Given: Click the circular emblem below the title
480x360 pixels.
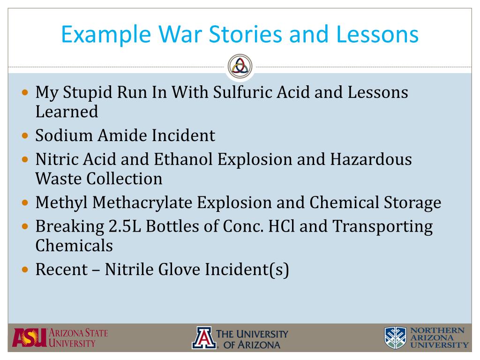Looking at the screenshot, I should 240,66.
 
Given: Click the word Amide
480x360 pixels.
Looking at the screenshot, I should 124,135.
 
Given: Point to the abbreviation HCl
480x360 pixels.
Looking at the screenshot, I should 281,226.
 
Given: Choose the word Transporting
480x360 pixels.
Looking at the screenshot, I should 382,226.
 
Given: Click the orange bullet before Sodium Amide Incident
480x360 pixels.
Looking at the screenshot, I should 26,136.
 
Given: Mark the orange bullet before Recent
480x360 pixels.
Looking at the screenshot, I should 26,270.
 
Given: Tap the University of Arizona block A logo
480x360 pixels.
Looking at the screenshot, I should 204,338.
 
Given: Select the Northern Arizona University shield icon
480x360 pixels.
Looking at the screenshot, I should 396,338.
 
